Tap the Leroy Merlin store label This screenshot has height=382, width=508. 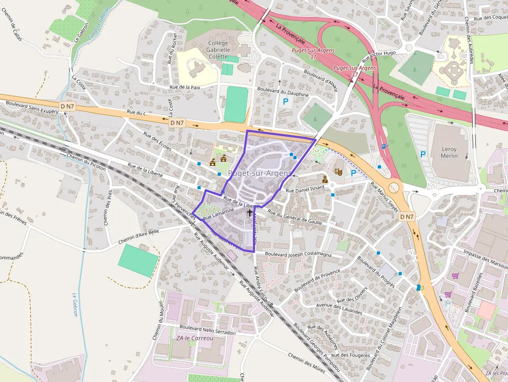(449, 152)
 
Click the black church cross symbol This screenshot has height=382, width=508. (249, 213)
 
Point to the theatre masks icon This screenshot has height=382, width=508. (338, 172)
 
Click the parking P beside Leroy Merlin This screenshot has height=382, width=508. (423, 154)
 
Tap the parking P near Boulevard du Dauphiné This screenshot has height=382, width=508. (285, 102)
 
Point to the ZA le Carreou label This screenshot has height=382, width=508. (194, 338)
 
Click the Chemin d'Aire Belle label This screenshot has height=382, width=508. (138, 236)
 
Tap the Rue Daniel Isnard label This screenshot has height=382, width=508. (305, 190)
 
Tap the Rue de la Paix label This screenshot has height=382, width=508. (185, 88)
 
